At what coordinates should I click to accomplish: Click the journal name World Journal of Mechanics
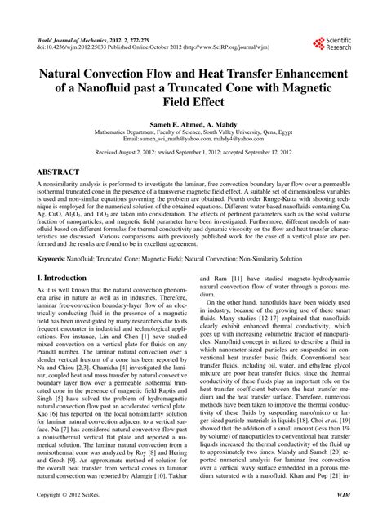(73, 39)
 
